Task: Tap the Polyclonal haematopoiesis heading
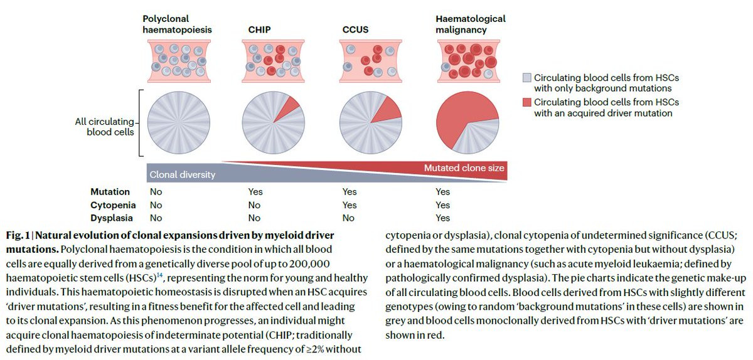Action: pyautogui.click(x=176, y=24)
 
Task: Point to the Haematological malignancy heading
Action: pyautogui.click(x=471, y=24)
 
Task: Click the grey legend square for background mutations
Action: pyautogui.click(x=527, y=78)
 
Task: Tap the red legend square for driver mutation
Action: pyautogui.click(x=527, y=102)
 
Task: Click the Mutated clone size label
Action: pyautogui.click(x=464, y=168)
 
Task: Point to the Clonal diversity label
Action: pyautogui.click(x=182, y=175)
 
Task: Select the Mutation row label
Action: pyautogui.click(x=110, y=192)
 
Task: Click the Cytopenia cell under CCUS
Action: pyautogui.click(x=349, y=205)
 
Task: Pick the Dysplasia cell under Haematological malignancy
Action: pyautogui.click(x=442, y=218)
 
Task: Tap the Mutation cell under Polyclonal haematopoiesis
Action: pyautogui.click(x=156, y=192)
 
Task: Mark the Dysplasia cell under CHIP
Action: pyautogui.click(x=254, y=218)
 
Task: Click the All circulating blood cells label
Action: pyautogui.click(x=105, y=126)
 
